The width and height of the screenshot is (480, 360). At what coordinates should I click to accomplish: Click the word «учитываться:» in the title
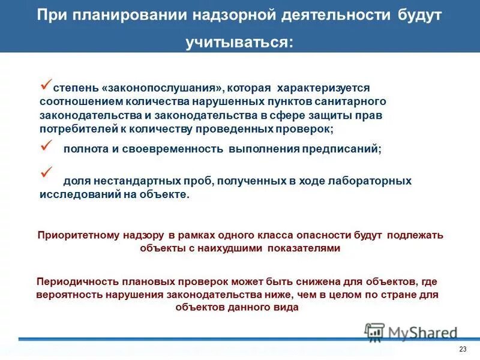240,42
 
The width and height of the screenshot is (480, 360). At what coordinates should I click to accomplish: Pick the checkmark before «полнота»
46,145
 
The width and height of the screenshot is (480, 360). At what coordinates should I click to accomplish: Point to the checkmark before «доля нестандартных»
46,175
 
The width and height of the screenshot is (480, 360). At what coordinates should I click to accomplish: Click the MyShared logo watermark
412,332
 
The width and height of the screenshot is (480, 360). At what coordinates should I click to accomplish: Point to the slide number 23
462,350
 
